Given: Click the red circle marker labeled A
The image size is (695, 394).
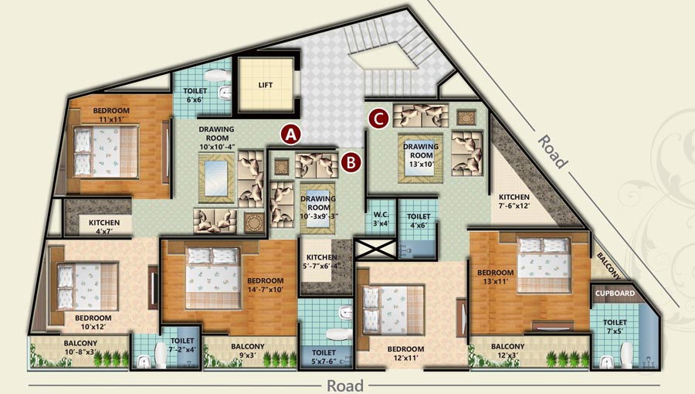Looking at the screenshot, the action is [x=290, y=134].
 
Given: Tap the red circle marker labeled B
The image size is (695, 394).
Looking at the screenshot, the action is [x=351, y=162].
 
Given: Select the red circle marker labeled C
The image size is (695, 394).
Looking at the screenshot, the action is [x=378, y=118].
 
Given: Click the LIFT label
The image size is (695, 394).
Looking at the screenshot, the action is [x=266, y=85].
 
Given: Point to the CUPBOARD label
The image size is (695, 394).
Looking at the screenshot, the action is [x=615, y=294].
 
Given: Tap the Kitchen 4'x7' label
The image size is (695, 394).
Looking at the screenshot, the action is [x=104, y=227].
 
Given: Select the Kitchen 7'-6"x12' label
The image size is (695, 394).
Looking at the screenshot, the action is [x=514, y=201].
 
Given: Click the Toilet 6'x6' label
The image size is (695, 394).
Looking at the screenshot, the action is [x=195, y=95].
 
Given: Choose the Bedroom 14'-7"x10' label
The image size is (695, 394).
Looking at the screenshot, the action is [x=266, y=285].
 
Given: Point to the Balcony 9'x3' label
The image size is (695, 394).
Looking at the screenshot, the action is [x=248, y=351].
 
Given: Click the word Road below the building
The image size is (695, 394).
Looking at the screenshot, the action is [x=345, y=386].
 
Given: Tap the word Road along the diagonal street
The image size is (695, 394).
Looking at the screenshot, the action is [x=553, y=151].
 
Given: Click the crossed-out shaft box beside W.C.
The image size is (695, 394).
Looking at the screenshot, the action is [x=375, y=249].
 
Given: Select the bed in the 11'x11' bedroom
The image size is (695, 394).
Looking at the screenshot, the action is [x=106, y=151].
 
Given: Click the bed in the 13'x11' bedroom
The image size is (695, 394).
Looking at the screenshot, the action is [x=544, y=265].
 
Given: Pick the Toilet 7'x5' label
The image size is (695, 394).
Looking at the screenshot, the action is [x=615, y=327].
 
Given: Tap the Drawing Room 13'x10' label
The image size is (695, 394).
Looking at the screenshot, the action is [x=421, y=155].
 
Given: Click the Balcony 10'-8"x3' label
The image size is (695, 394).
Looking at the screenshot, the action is [x=80, y=348].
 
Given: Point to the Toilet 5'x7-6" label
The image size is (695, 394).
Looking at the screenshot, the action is [x=324, y=357].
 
